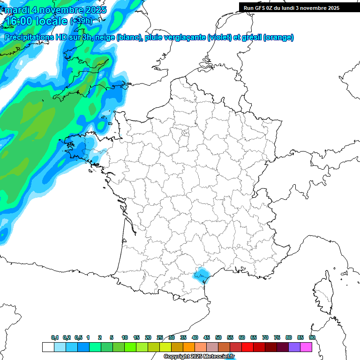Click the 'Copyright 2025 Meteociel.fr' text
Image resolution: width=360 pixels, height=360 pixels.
(199, 357)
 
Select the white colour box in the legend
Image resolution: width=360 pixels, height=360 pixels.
(48, 347)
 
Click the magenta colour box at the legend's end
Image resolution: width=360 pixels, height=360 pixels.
(306, 347)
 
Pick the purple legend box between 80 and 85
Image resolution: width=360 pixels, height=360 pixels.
(294, 347)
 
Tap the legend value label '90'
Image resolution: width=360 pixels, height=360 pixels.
(312, 338)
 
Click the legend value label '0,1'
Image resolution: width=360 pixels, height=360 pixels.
(54, 338)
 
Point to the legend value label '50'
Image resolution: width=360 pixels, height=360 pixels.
(218, 338)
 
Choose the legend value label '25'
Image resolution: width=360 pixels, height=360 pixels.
(160, 338)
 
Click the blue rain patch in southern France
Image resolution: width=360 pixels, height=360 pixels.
(202, 274)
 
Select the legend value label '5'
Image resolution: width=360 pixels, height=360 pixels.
(112, 338)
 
